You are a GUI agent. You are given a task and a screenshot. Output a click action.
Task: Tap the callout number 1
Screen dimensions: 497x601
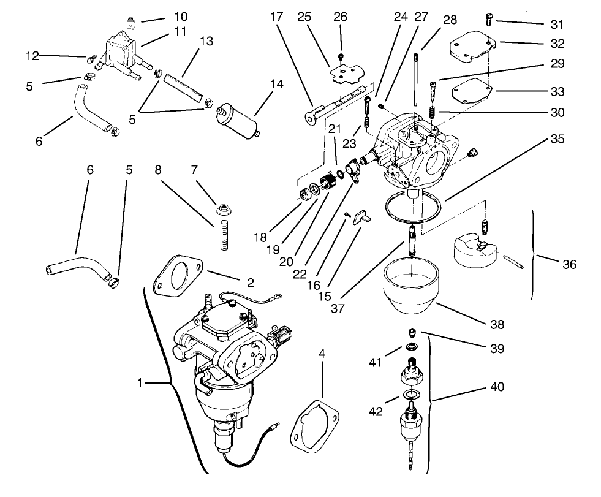coord(140,383)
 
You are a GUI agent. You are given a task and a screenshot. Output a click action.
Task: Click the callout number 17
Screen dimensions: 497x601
coord(276,17)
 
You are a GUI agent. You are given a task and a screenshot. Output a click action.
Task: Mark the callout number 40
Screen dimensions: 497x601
coord(496,387)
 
